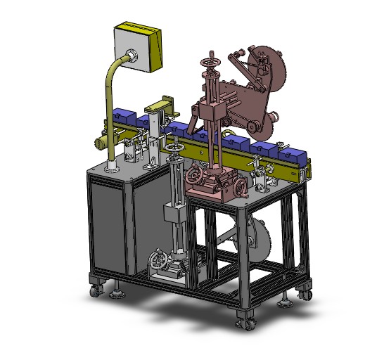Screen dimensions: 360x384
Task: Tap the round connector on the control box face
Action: point(131,54)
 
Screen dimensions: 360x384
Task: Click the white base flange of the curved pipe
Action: point(111,168)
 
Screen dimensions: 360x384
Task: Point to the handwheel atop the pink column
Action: point(210,65)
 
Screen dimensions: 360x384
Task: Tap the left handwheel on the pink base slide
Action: point(193,174)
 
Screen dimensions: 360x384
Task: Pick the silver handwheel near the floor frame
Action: point(160,262)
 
